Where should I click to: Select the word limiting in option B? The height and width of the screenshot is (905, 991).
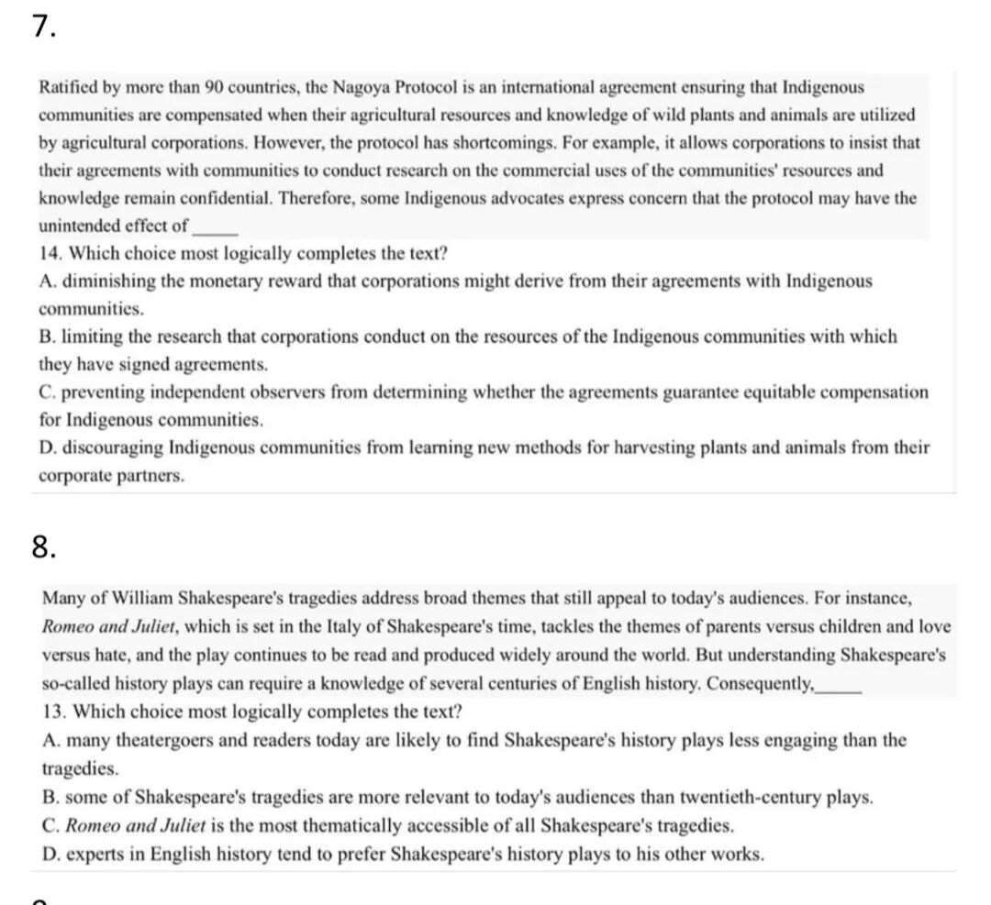pyautogui.click(x=84, y=337)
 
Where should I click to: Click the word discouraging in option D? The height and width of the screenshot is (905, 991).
pyautogui.click(x=108, y=447)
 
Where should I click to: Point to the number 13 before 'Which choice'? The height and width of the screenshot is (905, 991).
pyautogui.click(x=54, y=712)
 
